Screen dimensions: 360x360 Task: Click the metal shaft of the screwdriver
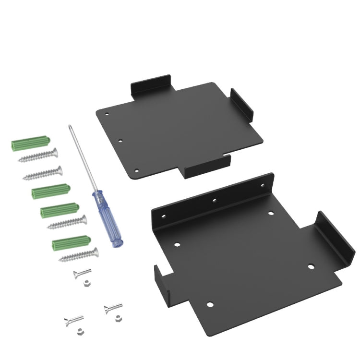coord(83,158)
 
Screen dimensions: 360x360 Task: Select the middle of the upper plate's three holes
coord(120,141)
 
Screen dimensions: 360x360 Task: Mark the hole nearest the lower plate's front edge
coord(209,303)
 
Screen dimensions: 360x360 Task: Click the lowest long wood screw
coord(78,255)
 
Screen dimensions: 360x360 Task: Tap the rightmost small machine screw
coord(113,307)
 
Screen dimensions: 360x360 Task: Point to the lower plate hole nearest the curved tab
coord(311,266)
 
